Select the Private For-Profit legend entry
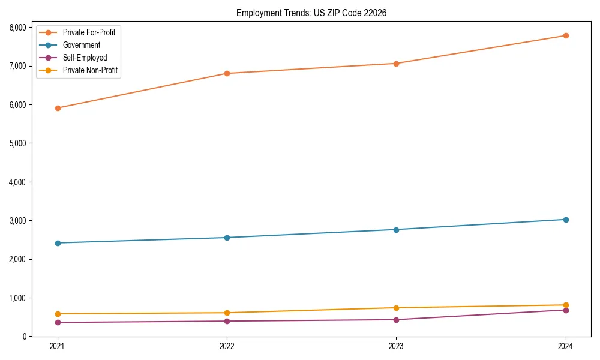click(x=89, y=32)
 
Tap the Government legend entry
click(x=82, y=45)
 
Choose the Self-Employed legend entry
click(x=85, y=58)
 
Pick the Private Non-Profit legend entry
click(x=90, y=71)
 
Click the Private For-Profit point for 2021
click(x=58, y=108)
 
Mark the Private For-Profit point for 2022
click(x=227, y=73)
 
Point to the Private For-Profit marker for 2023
click(x=396, y=64)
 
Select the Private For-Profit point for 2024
click(x=566, y=35)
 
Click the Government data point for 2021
click(x=58, y=243)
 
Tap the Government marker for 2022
click(x=227, y=238)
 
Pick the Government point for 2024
click(x=566, y=220)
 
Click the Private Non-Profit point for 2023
click(x=396, y=308)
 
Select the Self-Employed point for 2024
click(x=566, y=310)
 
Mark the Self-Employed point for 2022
click(x=227, y=321)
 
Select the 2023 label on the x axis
click(x=396, y=346)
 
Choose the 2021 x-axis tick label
click(x=58, y=346)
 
